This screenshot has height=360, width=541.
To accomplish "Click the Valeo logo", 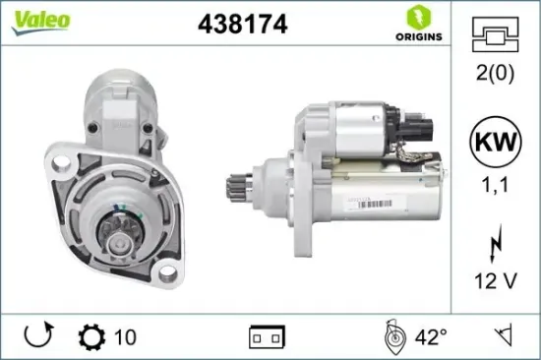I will (39, 22).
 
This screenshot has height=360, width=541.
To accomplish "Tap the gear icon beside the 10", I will (89, 336).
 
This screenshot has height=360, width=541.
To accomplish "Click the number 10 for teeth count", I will (125, 336).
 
